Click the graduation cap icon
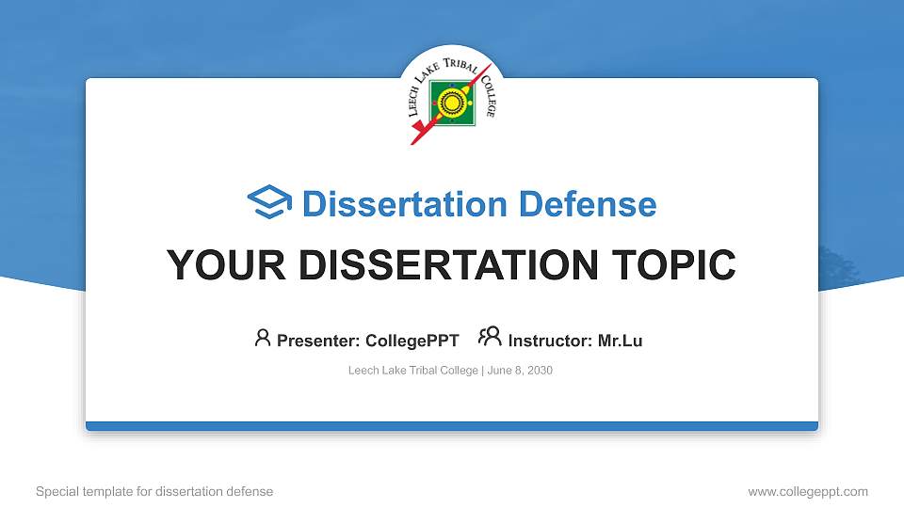(x=269, y=203)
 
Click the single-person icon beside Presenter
(x=263, y=338)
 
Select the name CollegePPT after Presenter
(x=412, y=341)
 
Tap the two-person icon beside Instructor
(x=490, y=337)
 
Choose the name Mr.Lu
(x=621, y=341)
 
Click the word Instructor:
(x=551, y=341)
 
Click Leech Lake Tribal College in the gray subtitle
(x=412, y=371)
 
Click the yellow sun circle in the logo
(x=451, y=101)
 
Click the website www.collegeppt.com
(x=808, y=491)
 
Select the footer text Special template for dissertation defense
(x=154, y=491)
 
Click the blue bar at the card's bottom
(x=452, y=426)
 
